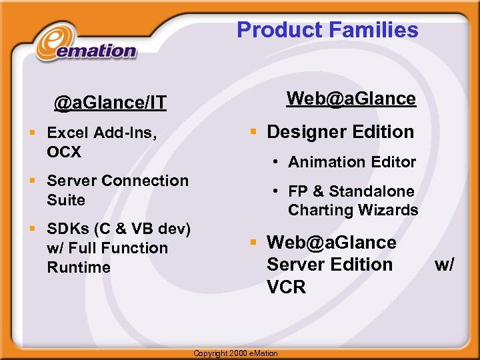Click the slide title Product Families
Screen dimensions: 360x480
coord(327,30)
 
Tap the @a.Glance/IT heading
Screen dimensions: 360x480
coord(110,103)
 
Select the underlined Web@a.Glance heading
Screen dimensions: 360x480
coord(351,99)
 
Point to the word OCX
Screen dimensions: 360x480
coord(64,152)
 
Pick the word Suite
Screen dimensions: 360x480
coord(66,200)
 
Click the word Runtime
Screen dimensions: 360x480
coord(79,267)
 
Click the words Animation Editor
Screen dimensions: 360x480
coord(352,162)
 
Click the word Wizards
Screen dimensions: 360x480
coord(389,210)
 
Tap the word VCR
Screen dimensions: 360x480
coord(286,287)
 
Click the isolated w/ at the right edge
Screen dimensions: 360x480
coord(445,265)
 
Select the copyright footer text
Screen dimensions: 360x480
coord(235,353)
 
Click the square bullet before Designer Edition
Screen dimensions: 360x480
coord(254,131)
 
